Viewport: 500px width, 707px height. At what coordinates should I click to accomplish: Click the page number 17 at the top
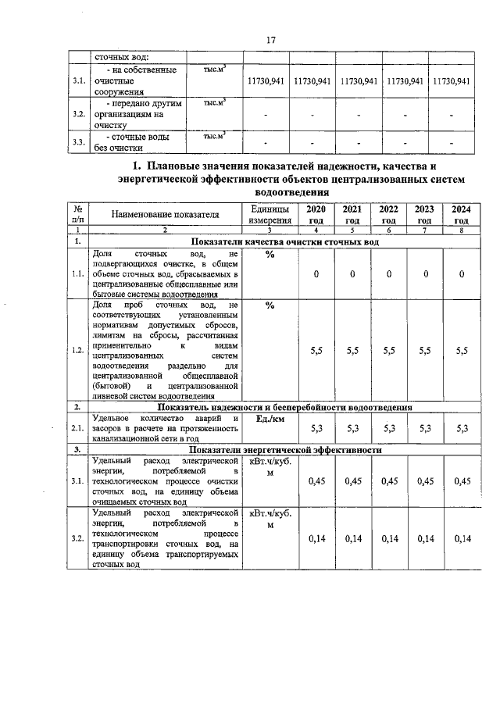point(271,40)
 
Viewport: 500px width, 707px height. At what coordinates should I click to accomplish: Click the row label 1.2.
point(77,351)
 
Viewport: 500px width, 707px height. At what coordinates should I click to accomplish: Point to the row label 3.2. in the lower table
point(77,538)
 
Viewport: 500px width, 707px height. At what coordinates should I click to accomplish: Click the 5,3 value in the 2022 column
point(389,428)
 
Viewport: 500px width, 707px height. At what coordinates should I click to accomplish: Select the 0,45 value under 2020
point(316,481)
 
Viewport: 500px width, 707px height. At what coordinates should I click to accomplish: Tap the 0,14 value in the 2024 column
point(462,538)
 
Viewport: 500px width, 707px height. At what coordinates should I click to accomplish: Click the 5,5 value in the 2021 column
point(353,351)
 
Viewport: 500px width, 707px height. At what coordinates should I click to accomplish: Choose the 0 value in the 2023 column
point(425,274)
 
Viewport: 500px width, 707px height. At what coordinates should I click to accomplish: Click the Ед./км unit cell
point(270,420)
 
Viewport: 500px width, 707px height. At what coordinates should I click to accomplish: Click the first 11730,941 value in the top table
point(267,81)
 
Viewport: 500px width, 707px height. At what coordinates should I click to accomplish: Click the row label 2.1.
point(77,428)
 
